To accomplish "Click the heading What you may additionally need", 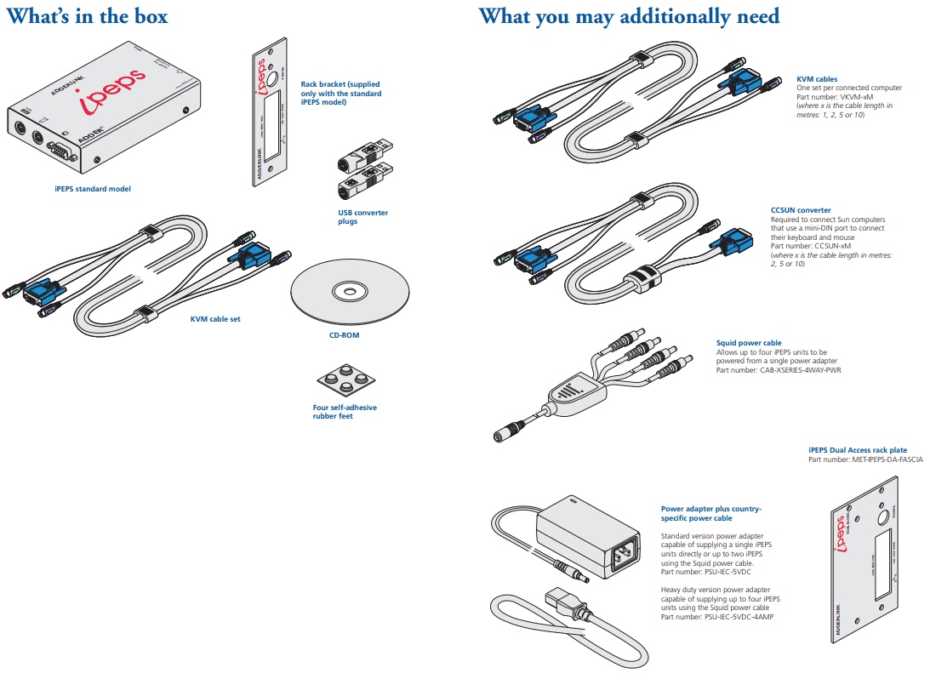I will (629, 16).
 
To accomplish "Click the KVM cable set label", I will (215, 319).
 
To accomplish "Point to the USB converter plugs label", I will (362, 217).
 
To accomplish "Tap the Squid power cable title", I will (749, 343).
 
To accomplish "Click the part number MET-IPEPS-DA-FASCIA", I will (887, 459).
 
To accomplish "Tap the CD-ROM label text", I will (344, 334).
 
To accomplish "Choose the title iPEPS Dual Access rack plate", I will (857, 450).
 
